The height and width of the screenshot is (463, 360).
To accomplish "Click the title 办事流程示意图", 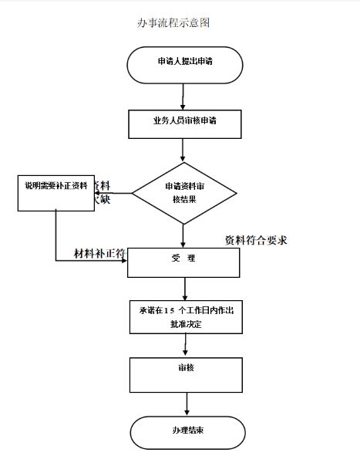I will (x=173, y=23).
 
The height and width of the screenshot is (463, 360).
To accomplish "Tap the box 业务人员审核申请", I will (x=186, y=123).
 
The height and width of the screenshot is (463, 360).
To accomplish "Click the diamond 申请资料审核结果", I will (x=184, y=193).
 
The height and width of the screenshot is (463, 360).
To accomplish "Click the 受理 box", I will (x=184, y=262).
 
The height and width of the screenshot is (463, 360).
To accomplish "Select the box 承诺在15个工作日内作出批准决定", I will (x=186, y=316).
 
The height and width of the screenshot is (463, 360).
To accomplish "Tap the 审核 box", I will (x=186, y=374).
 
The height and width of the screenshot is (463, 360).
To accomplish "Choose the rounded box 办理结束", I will (x=184, y=429).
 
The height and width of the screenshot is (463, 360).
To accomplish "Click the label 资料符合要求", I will (x=255, y=240).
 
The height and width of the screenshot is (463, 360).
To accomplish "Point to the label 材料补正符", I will (x=100, y=254).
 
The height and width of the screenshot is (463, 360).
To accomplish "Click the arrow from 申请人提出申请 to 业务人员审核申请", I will (x=183, y=96).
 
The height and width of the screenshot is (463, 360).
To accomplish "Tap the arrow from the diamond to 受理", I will (x=183, y=232).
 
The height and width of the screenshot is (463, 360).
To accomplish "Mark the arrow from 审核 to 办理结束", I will (x=186, y=404).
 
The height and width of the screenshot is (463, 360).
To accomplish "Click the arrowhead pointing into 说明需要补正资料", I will (x=98, y=193).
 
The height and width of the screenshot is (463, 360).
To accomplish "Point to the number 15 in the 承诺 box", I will (x=170, y=309).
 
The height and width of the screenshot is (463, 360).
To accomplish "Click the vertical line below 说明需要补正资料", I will (x=56, y=233).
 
